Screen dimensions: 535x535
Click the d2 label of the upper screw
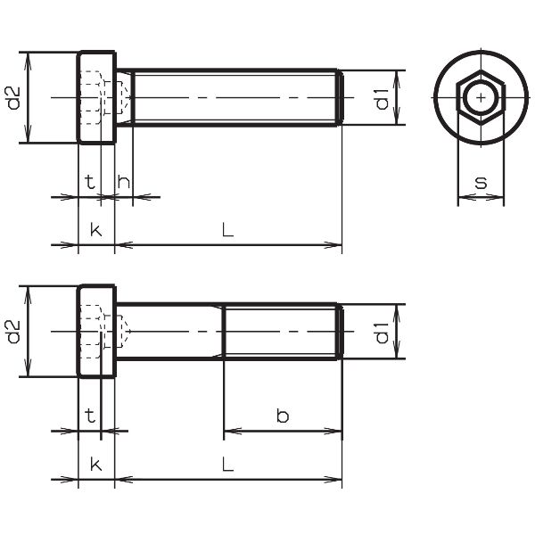pyautogui.click(x=14, y=98)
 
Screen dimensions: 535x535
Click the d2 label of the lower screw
pyautogui.click(x=14, y=332)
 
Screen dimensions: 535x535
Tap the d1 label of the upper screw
pyautogui.click(x=382, y=99)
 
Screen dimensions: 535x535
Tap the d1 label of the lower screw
pyautogui.click(x=382, y=333)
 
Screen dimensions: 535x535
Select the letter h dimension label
pyautogui.click(x=124, y=182)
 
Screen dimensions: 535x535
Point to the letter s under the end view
pyautogui.click(x=481, y=183)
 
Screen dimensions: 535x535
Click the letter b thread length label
pyautogui.click(x=283, y=416)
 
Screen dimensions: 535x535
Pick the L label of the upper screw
pyautogui.click(x=228, y=230)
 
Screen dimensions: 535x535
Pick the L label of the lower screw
pyautogui.click(x=228, y=464)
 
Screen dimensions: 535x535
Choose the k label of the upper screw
pyautogui.click(x=96, y=230)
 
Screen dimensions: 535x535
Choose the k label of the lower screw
pyautogui.click(x=96, y=464)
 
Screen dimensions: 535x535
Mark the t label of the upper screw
pyautogui.click(x=90, y=182)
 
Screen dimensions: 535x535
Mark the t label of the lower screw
pyautogui.click(x=90, y=416)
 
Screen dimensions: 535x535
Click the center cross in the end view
pyautogui.click(x=481, y=98)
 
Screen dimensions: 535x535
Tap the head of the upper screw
pyautogui.click(x=97, y=97)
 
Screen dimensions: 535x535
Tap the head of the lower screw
pyautogui.click(x=97, y=332)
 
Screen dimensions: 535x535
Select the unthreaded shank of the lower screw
pyautogui.click(x=169, y=332)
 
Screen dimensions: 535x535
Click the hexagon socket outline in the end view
pyautogui.click(x=481, y=98)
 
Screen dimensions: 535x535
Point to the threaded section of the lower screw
pyautogui.click(x=284, y=332)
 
